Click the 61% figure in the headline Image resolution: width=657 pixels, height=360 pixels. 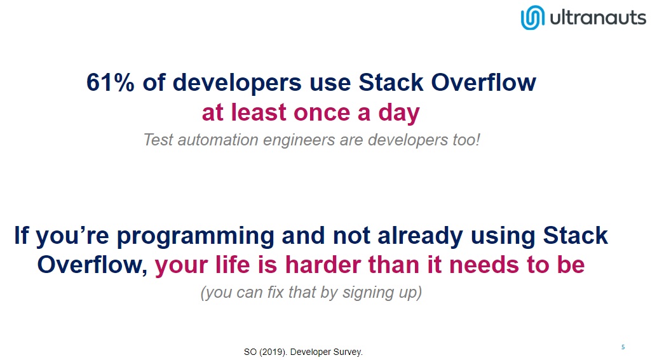point(110,82)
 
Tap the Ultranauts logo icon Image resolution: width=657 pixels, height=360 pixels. point(532,18)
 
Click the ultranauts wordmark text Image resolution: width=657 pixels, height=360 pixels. point(598,18)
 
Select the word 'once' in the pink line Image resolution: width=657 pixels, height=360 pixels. point(322,113)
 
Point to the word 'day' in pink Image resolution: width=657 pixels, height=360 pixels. point(398,114)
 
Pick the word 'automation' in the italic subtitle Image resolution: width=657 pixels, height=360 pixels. point(218,140)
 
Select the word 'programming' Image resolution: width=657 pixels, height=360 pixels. point(195,236)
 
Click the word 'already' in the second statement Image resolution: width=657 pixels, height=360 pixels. point(420,236)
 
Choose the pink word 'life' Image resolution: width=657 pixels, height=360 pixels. point(233,265)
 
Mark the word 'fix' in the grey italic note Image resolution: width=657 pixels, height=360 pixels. point(276,292)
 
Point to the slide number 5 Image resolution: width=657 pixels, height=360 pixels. point(623,347)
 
